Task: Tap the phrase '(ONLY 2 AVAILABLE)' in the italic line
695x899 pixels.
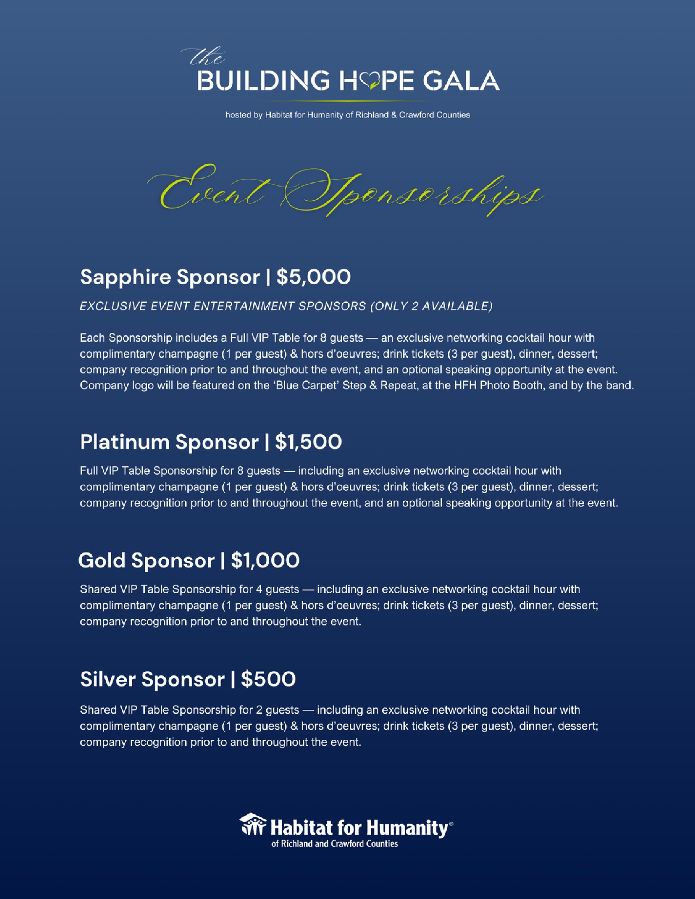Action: point(431,306)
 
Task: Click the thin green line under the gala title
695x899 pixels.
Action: point(347,101)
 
